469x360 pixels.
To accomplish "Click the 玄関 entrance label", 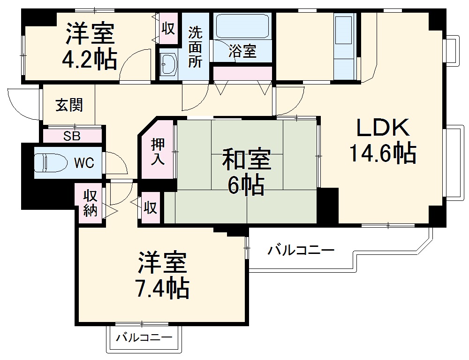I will [69, 106].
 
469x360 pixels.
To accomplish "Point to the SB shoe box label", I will [72, 137].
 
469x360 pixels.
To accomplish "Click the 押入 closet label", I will [157, 151].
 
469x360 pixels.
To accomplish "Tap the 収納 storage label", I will [90, 203].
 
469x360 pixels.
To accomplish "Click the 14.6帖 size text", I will [383, 153].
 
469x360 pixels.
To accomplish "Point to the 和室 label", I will [246, 161].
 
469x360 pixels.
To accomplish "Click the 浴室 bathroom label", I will [242, 52].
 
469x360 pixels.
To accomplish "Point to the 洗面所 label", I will [195, 47].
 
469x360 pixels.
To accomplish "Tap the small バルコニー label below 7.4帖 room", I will [144, 337].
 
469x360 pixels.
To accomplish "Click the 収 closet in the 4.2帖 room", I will [168, 29].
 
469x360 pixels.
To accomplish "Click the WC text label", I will [84, 163].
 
